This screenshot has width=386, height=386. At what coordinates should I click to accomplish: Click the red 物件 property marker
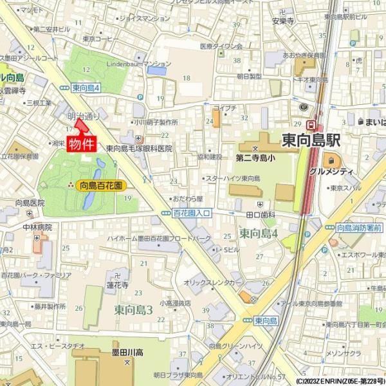pyautogui.click(x=82, y=143)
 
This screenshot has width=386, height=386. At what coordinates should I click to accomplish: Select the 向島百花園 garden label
pyautogui.click(x=101, y=185)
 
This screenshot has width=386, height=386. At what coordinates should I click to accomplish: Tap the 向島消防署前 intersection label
pyautogui.click(x=359, y=228)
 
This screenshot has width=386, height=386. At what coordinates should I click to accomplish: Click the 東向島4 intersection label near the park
pyautogui.click(x=86, y=87)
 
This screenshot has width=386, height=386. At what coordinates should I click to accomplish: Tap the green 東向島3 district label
pyautogui.click(x=133, y=310)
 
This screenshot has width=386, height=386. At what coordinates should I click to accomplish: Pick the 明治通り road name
pyautogui.click(x=83, y=116)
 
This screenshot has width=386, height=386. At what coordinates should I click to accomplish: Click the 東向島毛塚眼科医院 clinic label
pyautogui.click(x=139, y=148)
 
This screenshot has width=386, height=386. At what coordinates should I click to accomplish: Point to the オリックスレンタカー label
pyautogui.click(x=213, y=282)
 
